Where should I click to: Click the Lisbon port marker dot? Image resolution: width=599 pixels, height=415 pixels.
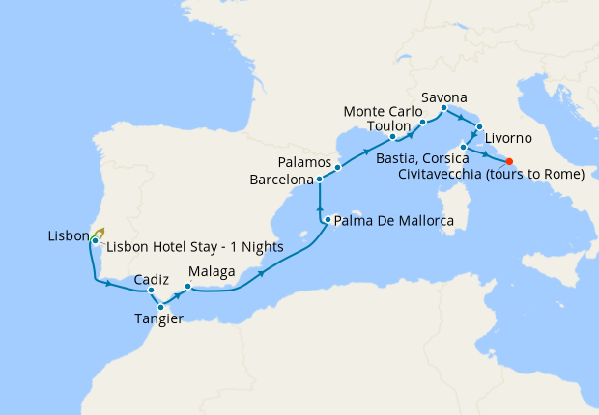point(94,239)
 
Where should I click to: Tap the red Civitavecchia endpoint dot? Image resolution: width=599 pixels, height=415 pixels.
point(509,161)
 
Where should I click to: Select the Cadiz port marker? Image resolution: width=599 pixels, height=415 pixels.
point(152,290)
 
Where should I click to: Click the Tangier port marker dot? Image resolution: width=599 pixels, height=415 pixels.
point(160,307)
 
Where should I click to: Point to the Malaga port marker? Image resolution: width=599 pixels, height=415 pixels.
point(187,286)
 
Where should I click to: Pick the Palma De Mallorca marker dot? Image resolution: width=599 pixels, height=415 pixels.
point(328,220)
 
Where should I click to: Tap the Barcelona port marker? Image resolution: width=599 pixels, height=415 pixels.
point(320,180)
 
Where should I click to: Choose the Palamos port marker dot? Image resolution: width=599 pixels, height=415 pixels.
point(337,167)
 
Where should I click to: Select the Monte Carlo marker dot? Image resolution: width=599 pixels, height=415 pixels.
point(423,123)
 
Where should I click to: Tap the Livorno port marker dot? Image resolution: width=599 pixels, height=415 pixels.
point(479,125)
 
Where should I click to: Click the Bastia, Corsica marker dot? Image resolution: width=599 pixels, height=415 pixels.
point(464,147)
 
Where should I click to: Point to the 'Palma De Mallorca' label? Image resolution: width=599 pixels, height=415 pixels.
point(395,221)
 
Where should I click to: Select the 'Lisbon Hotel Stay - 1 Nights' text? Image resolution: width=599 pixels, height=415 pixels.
point(194,246)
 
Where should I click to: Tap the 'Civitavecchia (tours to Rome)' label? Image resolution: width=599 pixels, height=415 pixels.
point(492,175)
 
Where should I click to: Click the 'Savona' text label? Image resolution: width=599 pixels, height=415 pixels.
point(444,97)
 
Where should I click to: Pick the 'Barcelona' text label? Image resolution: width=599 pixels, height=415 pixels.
point(281,180)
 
